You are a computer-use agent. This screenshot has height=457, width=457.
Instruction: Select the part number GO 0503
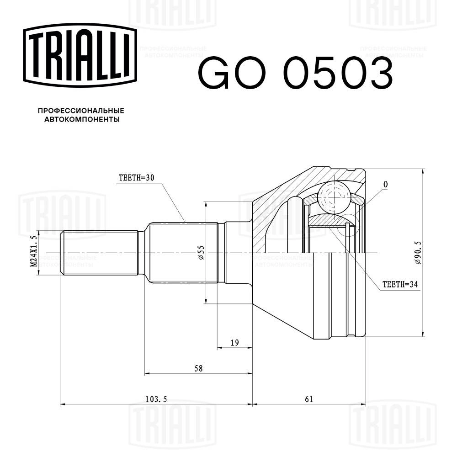click(x=295, y=73)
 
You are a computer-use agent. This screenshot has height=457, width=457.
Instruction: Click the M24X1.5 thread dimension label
click(x=33, y=252)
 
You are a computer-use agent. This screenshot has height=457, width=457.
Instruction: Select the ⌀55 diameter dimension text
click(x=201, y=252)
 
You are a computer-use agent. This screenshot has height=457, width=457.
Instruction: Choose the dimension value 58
click(x=198, y=368)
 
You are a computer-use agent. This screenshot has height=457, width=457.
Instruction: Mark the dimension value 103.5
click(x=157, y=399)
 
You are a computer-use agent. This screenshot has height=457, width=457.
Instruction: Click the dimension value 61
click(x=309, y=399)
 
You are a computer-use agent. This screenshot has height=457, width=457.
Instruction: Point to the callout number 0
click(x=386, y=184)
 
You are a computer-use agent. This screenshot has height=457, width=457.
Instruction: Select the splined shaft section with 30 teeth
click(x=183, y=252)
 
